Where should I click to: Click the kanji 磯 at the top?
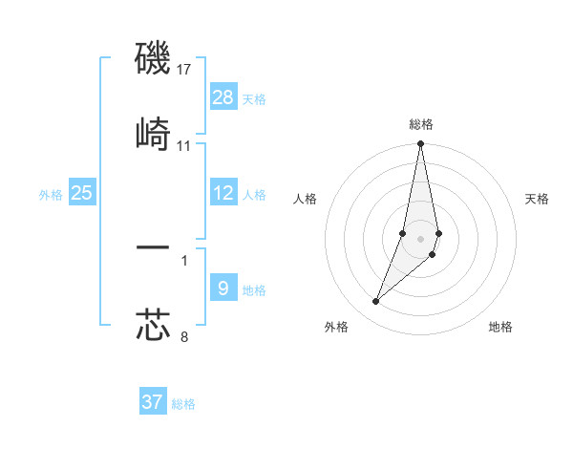(x=153, y=58)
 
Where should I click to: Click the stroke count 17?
(x=184, y=70)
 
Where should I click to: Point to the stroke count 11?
(x=184, y=146)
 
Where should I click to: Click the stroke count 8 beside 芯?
(x=184, y=336)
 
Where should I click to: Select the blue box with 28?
(x=223, y=97)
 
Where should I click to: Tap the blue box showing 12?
(x=223, y=193)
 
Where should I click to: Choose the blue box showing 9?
(x=223, y=288)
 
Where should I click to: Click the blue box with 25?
(x=82, y=193)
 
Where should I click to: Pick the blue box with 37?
(x=153, y=402)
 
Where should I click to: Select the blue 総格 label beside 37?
(x=183, y=404)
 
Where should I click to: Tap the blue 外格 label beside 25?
(x=51, y=195)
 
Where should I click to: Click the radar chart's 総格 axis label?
(x=421, y=124)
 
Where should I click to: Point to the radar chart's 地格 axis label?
(x=500, y=327)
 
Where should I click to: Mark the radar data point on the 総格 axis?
(x=420, y=144)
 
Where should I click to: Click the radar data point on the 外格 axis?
(x=376, y=302)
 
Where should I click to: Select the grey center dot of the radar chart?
(x=420, y=238)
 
